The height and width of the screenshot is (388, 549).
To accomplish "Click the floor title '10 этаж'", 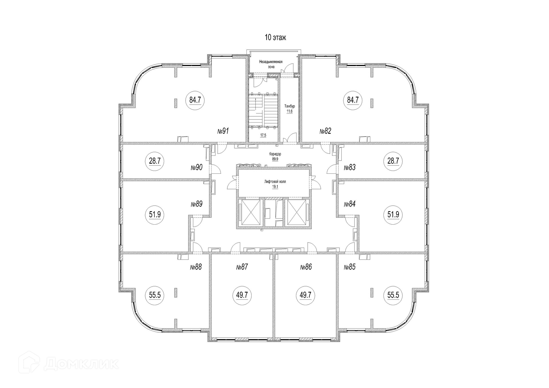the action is tap(275, 37).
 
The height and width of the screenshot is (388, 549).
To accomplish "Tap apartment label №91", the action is tap(223, 131).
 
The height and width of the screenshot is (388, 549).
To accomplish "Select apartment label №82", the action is tap(325, 131).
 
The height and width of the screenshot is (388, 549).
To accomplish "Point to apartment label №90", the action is tap(197, 167).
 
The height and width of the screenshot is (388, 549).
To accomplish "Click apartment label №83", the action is tap(350, 167).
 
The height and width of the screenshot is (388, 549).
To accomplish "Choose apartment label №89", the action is tap(197, 204).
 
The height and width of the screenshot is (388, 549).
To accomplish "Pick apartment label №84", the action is tap(350, 204).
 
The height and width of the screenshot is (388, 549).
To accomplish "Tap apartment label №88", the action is tap(196, 267).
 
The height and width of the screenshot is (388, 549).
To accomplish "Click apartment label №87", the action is tap(242, 267).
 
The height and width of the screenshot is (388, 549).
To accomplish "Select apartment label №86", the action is tap(306, 267).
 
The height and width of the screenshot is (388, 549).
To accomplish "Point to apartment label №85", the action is tap(350, 267).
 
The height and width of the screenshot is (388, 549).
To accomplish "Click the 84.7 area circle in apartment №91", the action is tap(195, 100).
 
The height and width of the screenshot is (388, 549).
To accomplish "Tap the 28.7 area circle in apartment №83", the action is tap(393, 161).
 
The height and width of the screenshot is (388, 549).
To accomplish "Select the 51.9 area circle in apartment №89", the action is tap(155, 215).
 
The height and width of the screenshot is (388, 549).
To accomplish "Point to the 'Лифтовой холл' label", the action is tap(275, 181).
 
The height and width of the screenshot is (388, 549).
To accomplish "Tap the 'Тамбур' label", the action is tap(289, 106).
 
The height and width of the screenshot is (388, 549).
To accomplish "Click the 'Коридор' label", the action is tap(275, 154).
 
